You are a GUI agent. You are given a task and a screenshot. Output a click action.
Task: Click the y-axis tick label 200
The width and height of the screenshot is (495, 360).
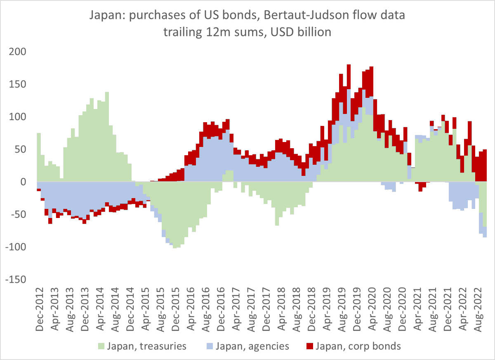coord(18,52)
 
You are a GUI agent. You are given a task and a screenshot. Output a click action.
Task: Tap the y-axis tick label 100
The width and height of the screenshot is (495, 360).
coord(18,117)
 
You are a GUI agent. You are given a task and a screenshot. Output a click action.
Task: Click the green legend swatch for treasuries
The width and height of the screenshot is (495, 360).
coord(100,346)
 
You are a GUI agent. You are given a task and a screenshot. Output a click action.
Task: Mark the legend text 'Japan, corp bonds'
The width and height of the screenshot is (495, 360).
coord(358,346)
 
